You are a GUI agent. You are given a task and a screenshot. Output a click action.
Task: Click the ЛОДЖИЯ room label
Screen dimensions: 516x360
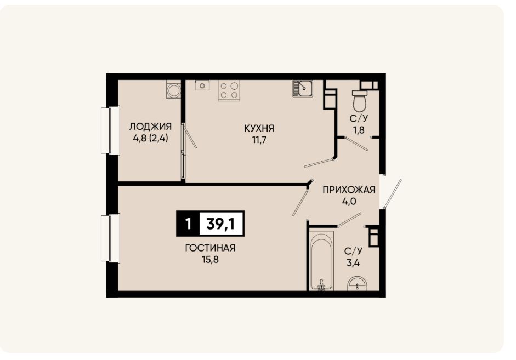(x=150, y=127)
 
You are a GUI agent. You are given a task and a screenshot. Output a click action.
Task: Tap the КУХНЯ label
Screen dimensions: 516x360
(x=259, y=128)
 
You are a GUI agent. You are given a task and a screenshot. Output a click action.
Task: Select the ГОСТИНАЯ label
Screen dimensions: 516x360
(x=210, y=248)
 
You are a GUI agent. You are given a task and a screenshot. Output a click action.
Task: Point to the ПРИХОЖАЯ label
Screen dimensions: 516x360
(x=349, y=190)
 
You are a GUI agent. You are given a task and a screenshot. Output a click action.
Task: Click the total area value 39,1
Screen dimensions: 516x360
(x=220, y=224)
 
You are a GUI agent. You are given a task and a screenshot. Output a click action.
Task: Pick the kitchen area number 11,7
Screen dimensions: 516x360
(x=259, y=140)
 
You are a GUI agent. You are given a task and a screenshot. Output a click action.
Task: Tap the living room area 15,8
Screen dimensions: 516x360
(x=210, y=260)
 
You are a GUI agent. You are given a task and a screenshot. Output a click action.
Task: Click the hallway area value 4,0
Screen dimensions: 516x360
(x=349, y=201)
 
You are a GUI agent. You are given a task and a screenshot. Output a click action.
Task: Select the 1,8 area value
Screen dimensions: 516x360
(x=359, y=130)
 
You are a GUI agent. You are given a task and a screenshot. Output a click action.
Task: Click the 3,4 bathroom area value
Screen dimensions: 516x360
(x=353, y=263)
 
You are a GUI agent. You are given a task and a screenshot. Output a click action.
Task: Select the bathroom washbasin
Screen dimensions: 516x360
(x=357, y=284)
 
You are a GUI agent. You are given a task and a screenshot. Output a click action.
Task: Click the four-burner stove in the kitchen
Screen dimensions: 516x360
(x=229, y=90)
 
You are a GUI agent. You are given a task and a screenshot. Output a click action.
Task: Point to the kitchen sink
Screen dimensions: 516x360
(x=303, y=88)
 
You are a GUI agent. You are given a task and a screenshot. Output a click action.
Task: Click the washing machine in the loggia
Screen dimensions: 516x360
(x=173, y=89)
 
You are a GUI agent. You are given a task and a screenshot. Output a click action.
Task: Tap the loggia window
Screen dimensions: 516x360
(x=110, y=130)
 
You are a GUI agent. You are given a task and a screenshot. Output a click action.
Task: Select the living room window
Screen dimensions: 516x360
(x=110, y=238)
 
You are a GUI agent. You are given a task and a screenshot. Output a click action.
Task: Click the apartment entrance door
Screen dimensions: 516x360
(x=392, y=194)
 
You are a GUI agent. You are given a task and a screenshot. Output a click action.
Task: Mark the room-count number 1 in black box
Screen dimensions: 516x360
(x=188, y=224)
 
